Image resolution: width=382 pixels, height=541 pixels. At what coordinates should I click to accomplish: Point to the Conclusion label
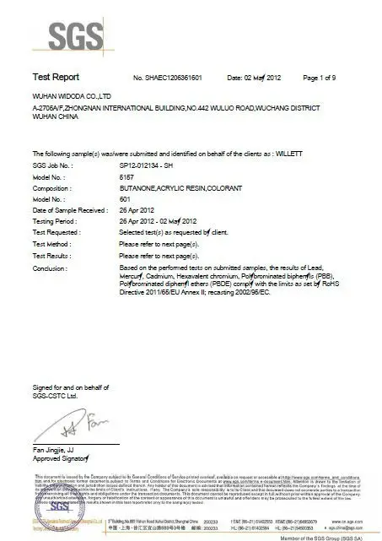click(x=51, y=264)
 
